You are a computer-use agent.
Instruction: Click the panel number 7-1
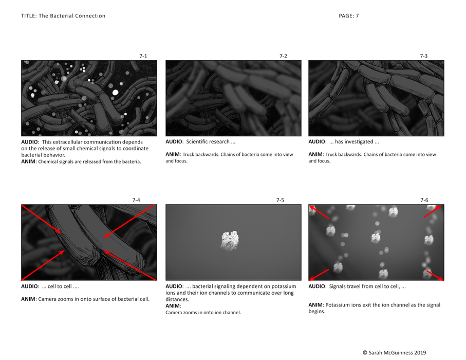pos(143,56)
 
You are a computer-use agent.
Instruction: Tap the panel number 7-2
pos(283,56)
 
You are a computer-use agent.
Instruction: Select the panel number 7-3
pos(423,56)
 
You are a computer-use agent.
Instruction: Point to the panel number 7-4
pos(136,200)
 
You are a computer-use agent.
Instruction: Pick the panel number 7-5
pos(280,200)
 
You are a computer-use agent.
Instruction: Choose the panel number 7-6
pos(424,200)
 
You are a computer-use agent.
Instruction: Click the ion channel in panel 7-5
pos(230,240)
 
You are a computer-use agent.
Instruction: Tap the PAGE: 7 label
pos(349,16)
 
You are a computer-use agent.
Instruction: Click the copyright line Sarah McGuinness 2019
pos(395,353)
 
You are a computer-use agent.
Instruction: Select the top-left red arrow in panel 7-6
pos(319,212)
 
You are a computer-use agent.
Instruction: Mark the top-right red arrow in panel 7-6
pos(434,211)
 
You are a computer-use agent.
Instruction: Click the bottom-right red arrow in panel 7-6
pos(435,275)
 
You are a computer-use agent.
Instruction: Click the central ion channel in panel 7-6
pos(376,238)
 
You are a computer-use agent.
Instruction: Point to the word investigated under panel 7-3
pos(354,141)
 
